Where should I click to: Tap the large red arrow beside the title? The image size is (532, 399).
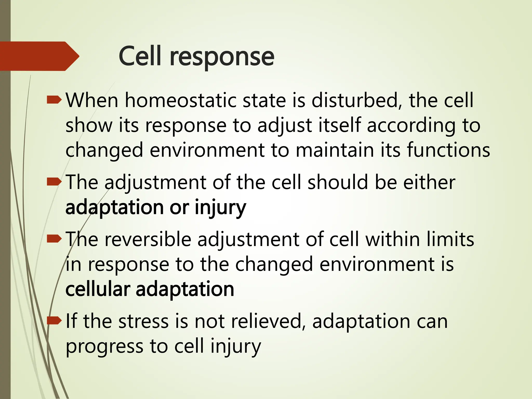coord(39,56)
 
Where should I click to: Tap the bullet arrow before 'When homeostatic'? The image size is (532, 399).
coord(54,100)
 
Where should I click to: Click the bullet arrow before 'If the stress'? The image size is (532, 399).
coord(54,321)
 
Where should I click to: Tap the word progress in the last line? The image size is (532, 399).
coord(104,347)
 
